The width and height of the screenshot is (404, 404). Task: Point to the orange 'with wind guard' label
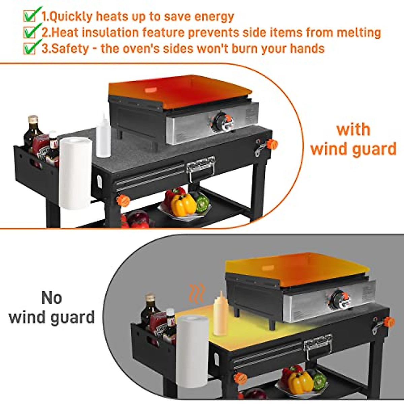(x=353, y=139)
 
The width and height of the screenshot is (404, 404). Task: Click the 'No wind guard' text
(x=52, y=308)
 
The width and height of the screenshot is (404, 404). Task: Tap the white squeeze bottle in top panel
(x=103, y=136)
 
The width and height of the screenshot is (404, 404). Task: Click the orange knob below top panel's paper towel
(x=123, y=201)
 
